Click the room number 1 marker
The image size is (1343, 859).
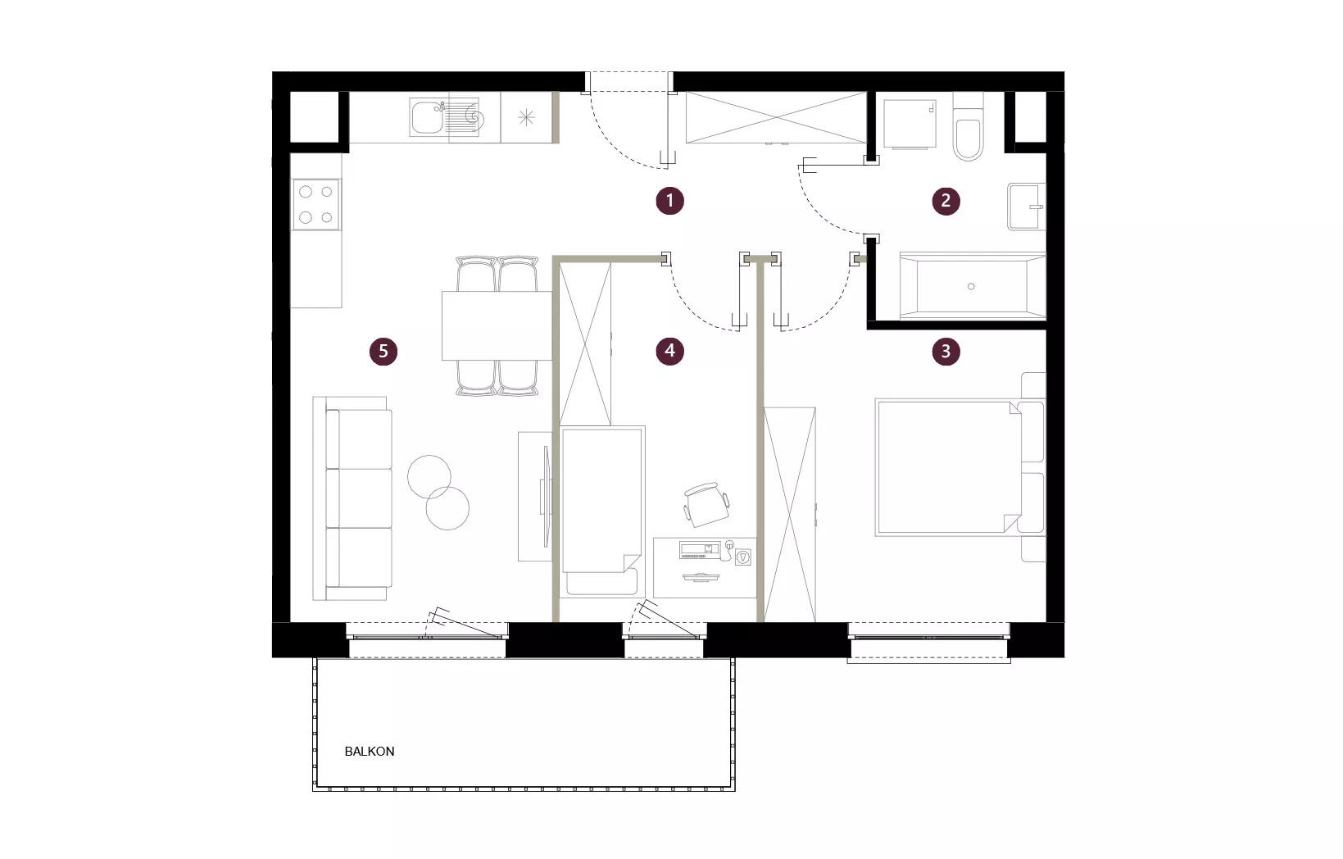669,200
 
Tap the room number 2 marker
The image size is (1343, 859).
946,200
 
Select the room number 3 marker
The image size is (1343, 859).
946,351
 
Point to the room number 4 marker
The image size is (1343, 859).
669,351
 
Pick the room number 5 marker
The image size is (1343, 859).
383,351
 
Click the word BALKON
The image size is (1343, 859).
370,752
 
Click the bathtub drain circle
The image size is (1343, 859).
971,287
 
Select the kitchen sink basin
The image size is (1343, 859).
428,118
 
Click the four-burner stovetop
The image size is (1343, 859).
316,205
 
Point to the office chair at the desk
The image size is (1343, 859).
706,504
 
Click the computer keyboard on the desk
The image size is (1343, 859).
699,548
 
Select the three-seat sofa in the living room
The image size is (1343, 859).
352,498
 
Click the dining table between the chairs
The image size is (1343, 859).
497,325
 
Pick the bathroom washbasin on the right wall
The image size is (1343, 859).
1027,207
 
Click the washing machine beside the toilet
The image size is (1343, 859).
910,124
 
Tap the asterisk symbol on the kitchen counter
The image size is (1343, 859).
526,117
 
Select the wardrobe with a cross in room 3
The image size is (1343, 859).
790,515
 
